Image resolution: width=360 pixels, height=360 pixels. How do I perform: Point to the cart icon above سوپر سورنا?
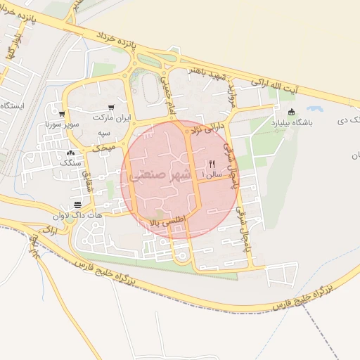tap(62, 114)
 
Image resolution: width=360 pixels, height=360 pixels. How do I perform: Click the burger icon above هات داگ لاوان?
tap(77, 205)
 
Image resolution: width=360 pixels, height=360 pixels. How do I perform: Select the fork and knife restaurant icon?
tap(212, 162)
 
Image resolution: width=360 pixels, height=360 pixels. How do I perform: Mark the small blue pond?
tap(314, 110)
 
